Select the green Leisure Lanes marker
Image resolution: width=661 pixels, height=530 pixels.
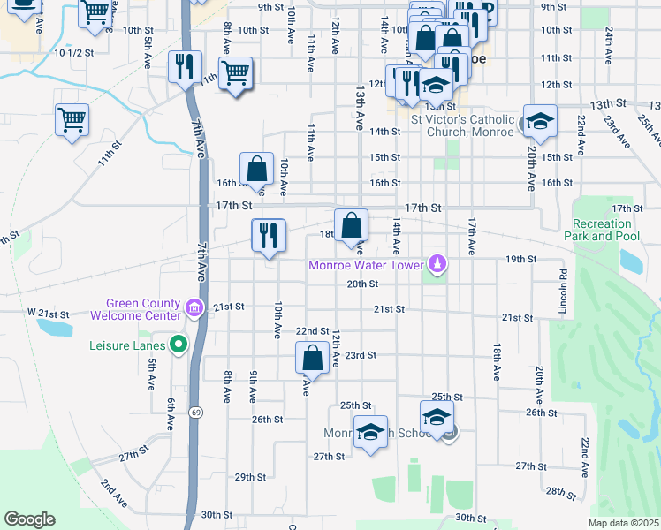pyautogui.click(x=179, y=344)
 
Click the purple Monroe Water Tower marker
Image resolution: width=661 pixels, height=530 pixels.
pyautogui.click(x=437, y=264)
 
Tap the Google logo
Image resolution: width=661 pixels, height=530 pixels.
pyautogui.click(x=29, y=519)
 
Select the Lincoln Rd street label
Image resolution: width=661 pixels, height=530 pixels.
pyautogui.click(x=561, y=284)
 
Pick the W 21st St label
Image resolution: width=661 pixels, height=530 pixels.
pyautogui.click(x=48, y=314)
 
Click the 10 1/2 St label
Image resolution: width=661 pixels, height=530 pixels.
pyautogui.click(x=73, y=53)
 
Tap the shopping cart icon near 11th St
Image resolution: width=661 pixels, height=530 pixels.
pyautogui.click(x=72, y=118)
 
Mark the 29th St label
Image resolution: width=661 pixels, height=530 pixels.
pyautogui.click(x=250, y=477)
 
